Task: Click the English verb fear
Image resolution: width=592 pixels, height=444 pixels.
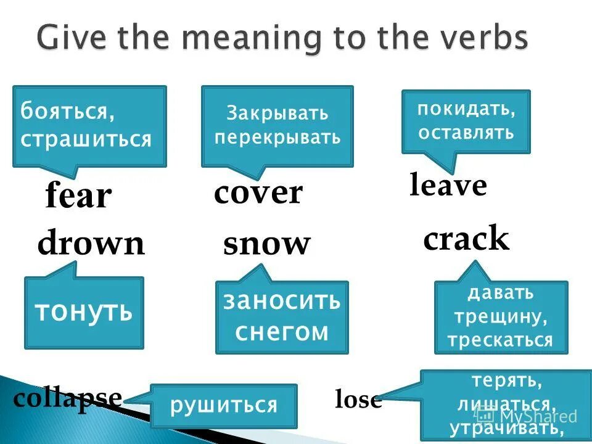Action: point(78,197)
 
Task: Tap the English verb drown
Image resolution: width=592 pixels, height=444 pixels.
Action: point(91,244)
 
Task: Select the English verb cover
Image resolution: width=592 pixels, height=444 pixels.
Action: point(258,193)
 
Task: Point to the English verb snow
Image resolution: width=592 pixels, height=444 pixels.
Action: point(266,244)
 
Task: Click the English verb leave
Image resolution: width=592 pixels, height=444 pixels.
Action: point(448,186)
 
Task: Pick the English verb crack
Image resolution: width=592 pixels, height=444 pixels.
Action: point(466,239)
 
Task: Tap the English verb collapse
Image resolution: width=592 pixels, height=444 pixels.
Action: point(67,398)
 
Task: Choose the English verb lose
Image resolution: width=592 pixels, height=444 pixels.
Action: point(358,400)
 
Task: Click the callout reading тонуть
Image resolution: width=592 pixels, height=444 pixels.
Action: point(84,311)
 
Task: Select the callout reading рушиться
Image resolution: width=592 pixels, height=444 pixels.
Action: point(224,405)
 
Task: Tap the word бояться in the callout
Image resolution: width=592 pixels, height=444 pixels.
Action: point(68,112)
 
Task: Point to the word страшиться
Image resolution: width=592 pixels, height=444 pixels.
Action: point(86,139)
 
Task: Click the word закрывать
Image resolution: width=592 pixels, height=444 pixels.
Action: point(277,113)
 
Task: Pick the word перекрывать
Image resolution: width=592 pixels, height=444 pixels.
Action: point(277,136)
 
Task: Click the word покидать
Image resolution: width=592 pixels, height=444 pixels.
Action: point(466,109)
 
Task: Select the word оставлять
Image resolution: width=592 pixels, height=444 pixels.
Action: point(466,132)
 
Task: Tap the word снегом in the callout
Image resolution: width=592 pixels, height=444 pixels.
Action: point(282,332)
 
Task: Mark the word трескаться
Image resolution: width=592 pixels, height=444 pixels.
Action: point(500,340)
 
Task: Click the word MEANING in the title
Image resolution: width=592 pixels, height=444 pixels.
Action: point(231,38)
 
